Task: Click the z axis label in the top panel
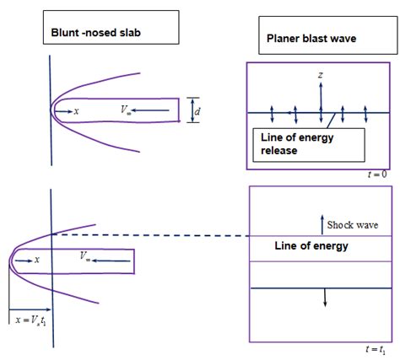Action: (321, 76)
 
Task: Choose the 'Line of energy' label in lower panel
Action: (311, 247)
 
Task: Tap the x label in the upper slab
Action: (76, 111)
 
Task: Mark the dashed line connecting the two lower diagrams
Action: (152, 234)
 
